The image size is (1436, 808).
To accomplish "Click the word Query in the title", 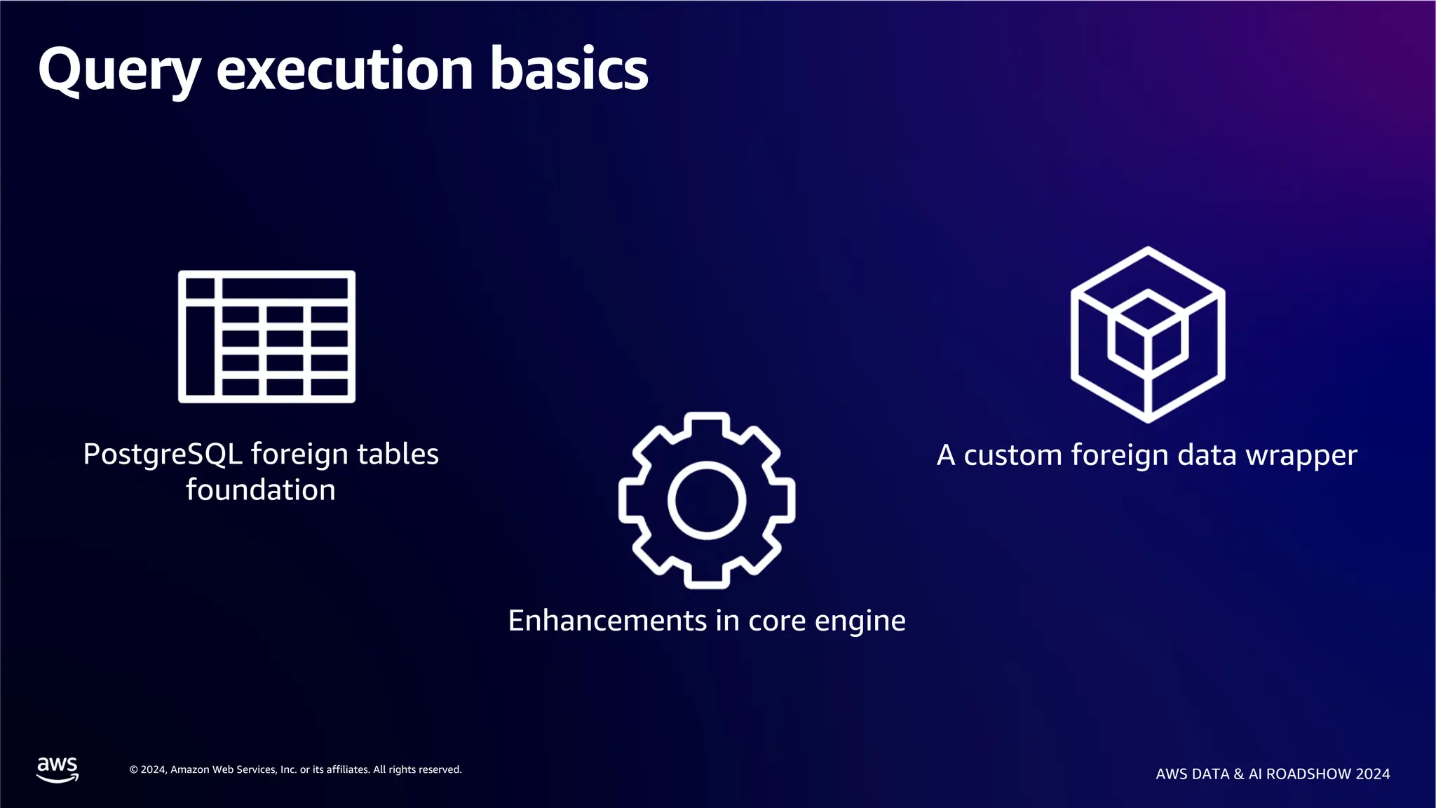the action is pyautogui.click(x=119, y=70).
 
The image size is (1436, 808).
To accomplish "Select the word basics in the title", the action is pyautogui.click(x=569, y=70).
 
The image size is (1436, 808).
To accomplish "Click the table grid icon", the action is pyautogui.click(x=266, y=337).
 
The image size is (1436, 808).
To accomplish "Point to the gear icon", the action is pyautogui.click(x=707, y=500).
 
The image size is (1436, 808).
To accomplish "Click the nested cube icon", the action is pyautogui.click(x=1148, y=335).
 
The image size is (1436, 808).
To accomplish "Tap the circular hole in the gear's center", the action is pyautogui.click(x=707, y=501).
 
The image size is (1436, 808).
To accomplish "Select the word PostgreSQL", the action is pyautogui.click(x=163, y=454).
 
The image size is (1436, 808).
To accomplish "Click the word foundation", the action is pyautogui.click(x=261, y=490).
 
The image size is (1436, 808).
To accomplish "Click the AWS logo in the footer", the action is pyautogui.click(x=57, y=769).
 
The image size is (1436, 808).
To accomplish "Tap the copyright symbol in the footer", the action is pyautogui.click(x=133, y=770).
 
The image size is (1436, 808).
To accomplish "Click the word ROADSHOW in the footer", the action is pyautogui.click(x=1308, y=774).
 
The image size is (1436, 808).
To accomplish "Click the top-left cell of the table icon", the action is pyautogui.click(x=201, y=288).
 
